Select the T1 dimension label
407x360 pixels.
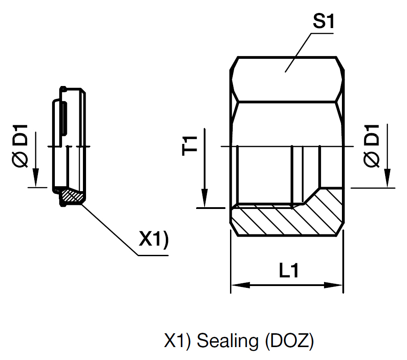pyautogui.click(x=191, y=146)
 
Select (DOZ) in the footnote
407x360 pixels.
pyautogui.click(x=289, y=342)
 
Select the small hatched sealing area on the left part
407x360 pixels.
pyautogui.click(x=72, y=194)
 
